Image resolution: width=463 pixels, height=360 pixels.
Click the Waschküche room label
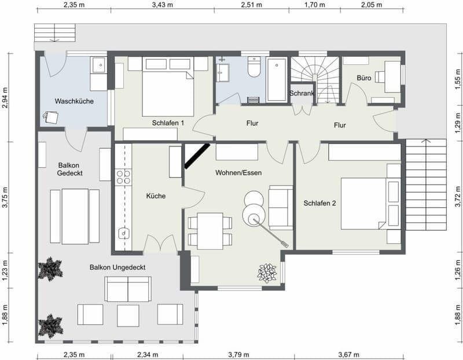click(74, 101)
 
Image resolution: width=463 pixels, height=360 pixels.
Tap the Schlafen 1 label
click(168, 123)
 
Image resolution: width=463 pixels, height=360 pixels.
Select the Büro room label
click(364, 78)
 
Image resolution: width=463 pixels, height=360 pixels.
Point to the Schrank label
click(302, 93)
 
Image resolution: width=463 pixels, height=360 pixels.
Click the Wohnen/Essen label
click(238, 172)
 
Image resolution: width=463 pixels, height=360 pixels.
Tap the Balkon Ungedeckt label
click(117, 267)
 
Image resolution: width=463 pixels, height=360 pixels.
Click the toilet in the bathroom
click(253, 67)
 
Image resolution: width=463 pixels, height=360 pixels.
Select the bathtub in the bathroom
click(277, 80)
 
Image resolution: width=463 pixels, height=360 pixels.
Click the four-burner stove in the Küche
click(123, 177)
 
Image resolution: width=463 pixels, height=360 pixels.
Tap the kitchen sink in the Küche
click(124, 233)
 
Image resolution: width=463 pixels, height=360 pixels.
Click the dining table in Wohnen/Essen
click(210, 231)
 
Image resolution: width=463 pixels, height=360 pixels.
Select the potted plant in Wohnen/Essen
click(267, 273)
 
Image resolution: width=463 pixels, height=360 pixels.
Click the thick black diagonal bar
click(197, 156)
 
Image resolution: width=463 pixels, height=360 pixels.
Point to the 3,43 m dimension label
click(163, 5)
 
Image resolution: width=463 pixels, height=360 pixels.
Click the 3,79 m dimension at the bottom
click(238, 354)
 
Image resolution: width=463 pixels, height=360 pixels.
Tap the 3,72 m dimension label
click(458, 196)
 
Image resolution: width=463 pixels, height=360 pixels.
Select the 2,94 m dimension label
click(5, 97)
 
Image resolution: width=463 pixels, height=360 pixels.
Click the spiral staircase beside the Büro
click(314, 80)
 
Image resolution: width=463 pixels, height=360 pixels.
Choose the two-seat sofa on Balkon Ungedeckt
click(128, 289)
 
